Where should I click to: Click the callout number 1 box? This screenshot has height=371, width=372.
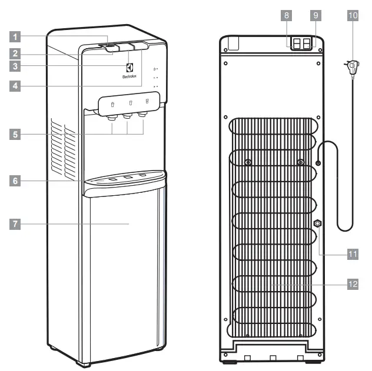tap(16, 36)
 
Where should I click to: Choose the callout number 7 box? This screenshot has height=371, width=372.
tap(16, 223)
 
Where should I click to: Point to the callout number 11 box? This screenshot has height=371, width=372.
tap(351, 253)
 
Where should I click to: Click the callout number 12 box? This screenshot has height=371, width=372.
tap(351, 283)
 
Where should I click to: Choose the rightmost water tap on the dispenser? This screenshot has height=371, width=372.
tap(141, 116)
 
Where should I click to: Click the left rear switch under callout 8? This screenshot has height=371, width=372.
tap(296, 44)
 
